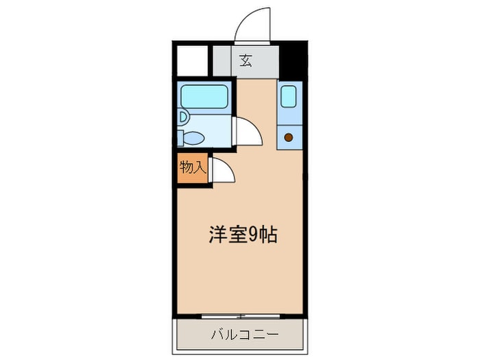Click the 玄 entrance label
coord(245,60)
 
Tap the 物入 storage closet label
coord(192,167)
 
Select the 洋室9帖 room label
coord(243,235)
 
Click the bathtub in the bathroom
coord(204,97)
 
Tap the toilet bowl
coord(193,138)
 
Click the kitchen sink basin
coord(288,96)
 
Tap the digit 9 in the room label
coord(253,235)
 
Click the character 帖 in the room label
coord(268,235)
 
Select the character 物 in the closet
coord(186,167)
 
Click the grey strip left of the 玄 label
coord(221,60)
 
